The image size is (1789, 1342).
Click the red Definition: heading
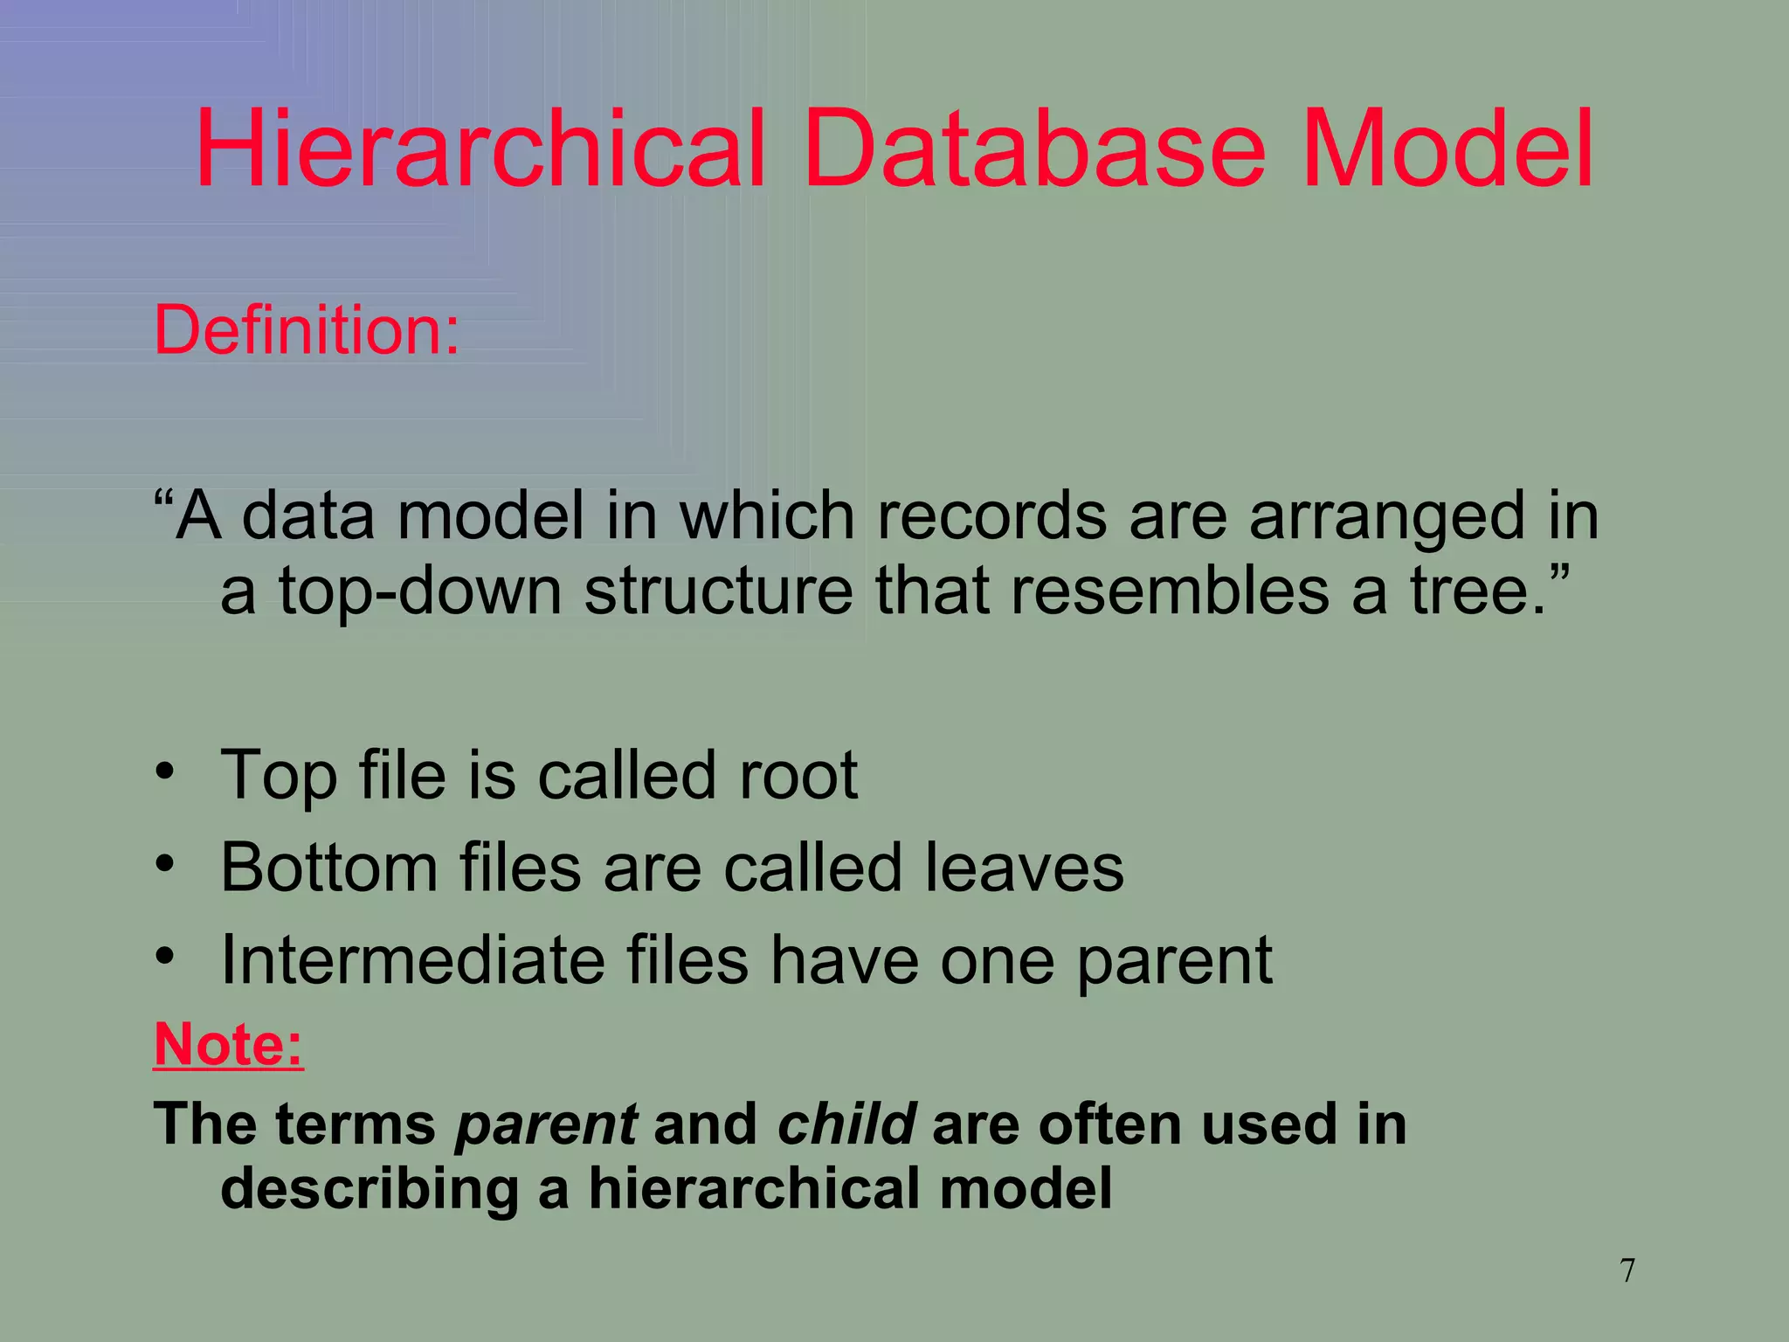coord(307,330)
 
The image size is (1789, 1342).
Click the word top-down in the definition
coord(420,591)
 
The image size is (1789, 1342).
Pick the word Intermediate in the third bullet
coord(412,960)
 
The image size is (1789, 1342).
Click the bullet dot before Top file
coord(166,772)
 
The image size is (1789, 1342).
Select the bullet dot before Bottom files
coord(166,865)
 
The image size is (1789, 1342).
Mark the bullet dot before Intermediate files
coord(166,957)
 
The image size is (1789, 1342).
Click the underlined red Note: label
coord(229,1044)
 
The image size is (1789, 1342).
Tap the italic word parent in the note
coord(547,1124)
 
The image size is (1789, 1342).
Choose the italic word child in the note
coord(846,1124)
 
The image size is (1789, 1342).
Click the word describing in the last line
coord(370,1190)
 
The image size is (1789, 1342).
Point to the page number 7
coord(1627,1270)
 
